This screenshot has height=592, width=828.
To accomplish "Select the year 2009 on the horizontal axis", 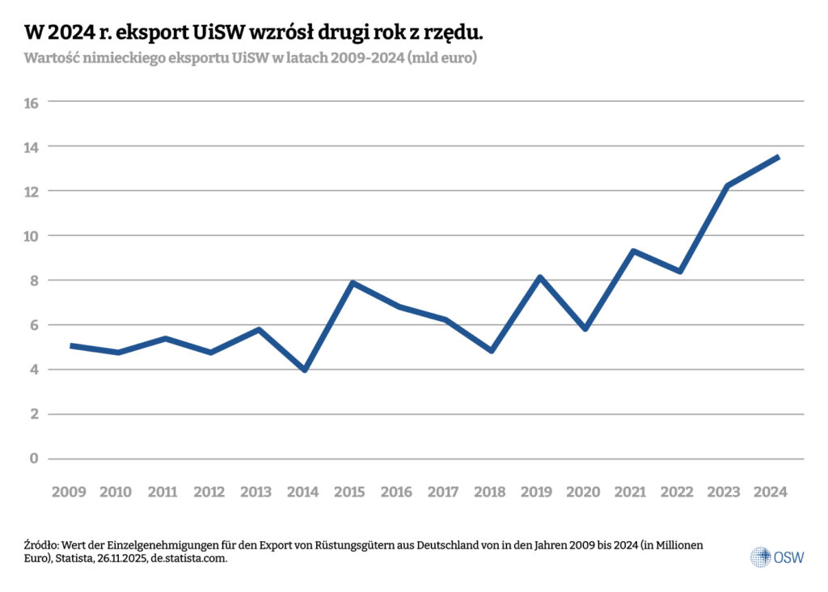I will pyautogui.click(x=69, y=492).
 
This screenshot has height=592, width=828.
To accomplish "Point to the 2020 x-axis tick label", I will pyautogui.click(x=585, y=492).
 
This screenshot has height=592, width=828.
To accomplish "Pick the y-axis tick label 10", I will pyautogui.click(x=32, y=236).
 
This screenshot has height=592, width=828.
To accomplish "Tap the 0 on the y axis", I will pyautogui.click(x=34, y=459).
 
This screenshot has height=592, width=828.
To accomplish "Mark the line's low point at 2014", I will pyautogui.click(x=305, y=370).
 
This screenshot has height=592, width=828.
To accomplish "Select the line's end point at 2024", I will pyautogui.click(x=777, y=157).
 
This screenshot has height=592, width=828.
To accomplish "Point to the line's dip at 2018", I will pyautogui.click(x=492, y=351).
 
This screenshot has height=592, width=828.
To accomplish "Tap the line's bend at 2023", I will pyautogui.click(x=728, y=187).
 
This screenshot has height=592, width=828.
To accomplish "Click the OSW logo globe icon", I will pyautogui.click(x=760, y=556).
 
